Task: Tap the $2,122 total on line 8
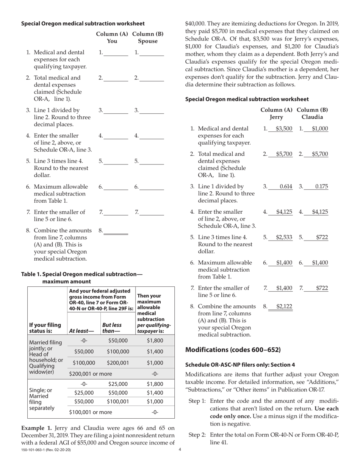click(x=284, y=306)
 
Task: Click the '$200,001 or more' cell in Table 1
click(x=90, y=374)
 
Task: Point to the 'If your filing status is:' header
click(x=45, y=328)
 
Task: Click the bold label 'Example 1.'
click(x=36, y=427)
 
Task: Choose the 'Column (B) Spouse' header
click(x=148, y=38)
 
